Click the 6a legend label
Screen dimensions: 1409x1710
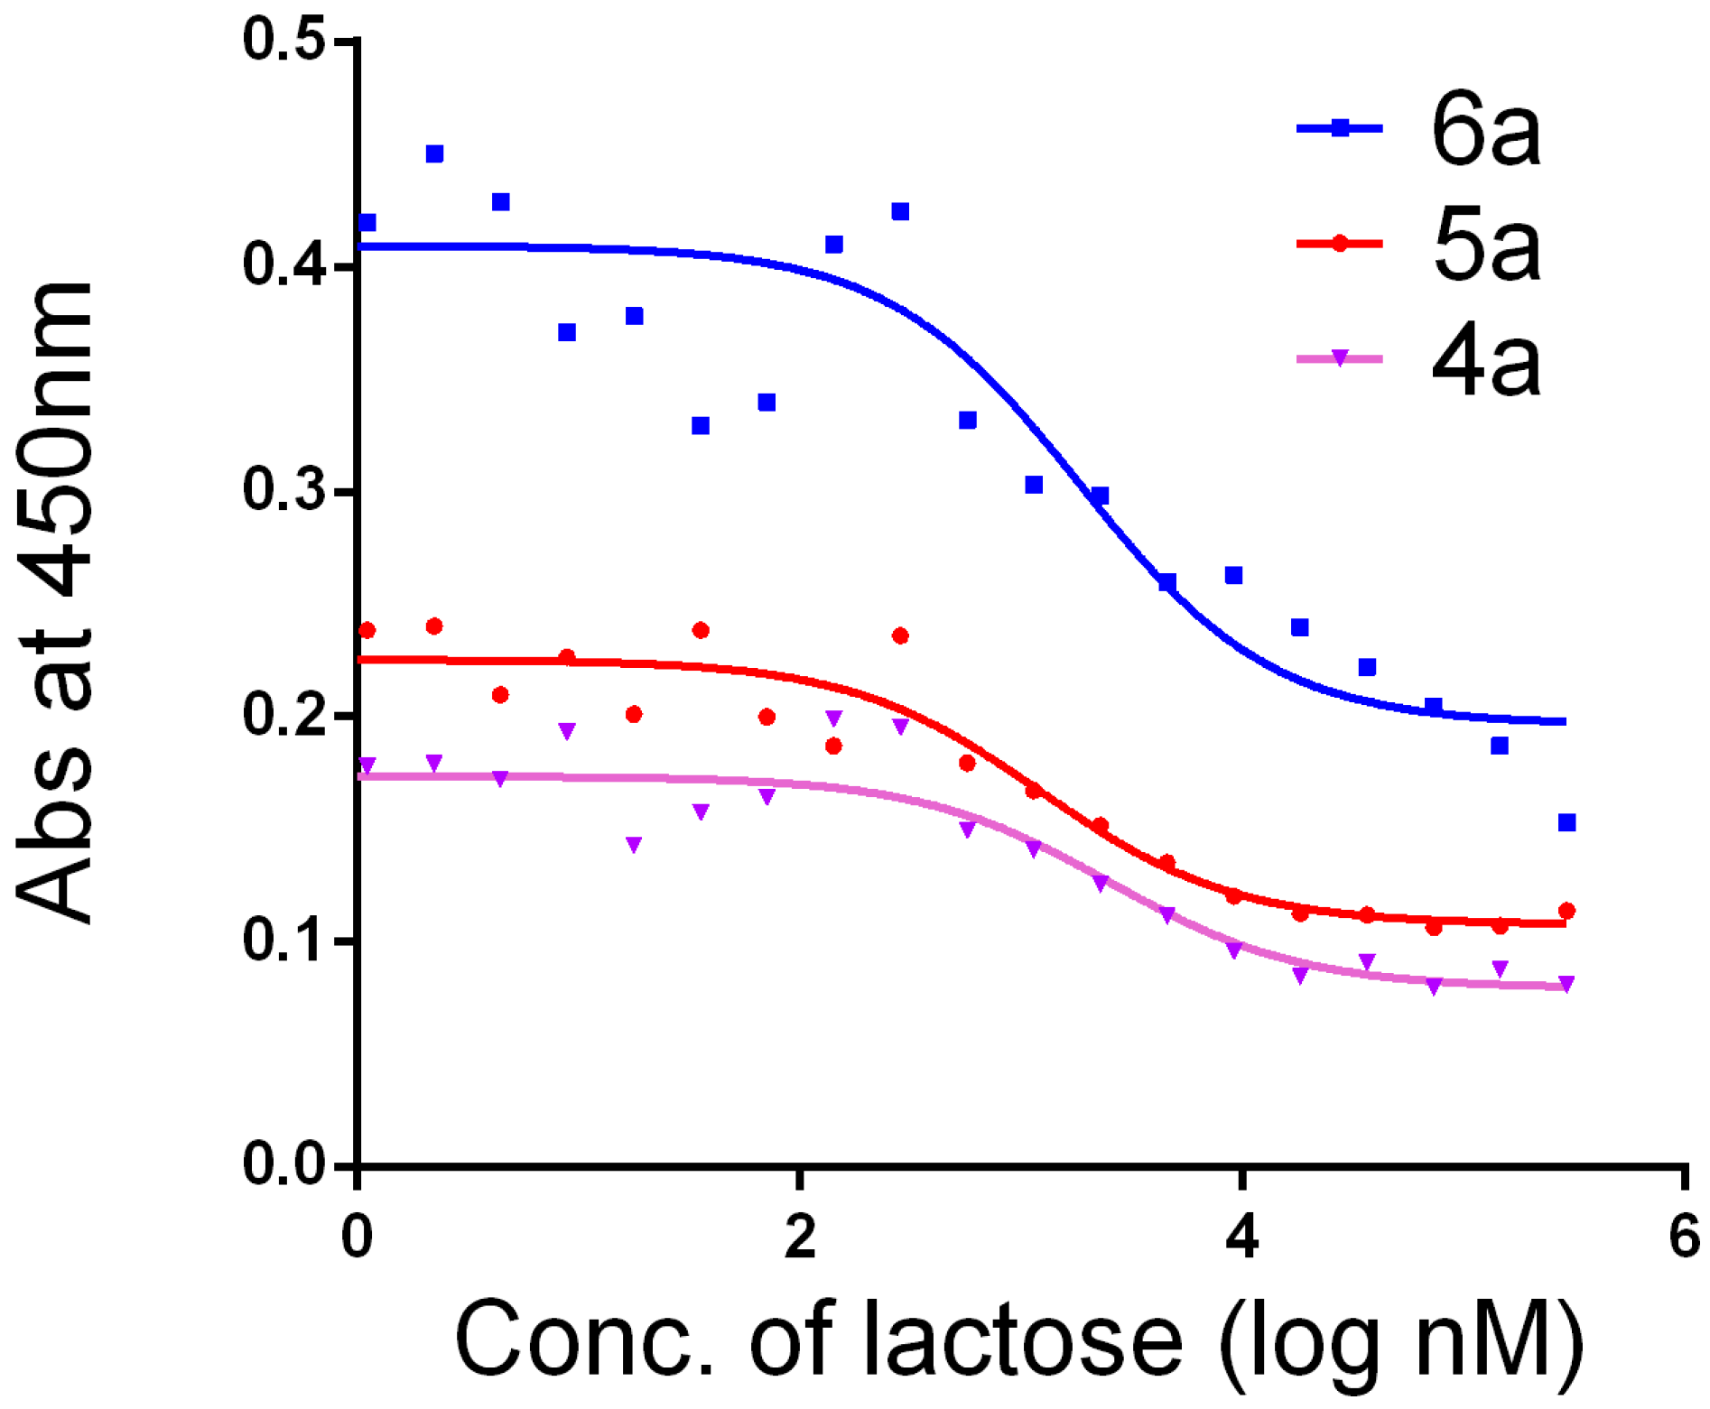tap(1486, 131)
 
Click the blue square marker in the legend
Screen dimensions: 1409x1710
tap(1341, 128)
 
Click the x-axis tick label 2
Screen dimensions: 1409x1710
tap(800, 1237)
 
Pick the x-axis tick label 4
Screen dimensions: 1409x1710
tap(1242, 1237)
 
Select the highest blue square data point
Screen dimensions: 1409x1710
tap(434, 154)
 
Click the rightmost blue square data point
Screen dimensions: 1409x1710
tap(1567, 822)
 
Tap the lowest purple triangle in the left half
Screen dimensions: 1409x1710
tap(634, 844)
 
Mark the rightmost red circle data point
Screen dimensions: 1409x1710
tap(1567, 911)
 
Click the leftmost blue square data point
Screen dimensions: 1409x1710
tap(367, 223)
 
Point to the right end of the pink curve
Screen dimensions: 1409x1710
tap(1566, 987)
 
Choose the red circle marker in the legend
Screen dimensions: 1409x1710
tap(1341, 244)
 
